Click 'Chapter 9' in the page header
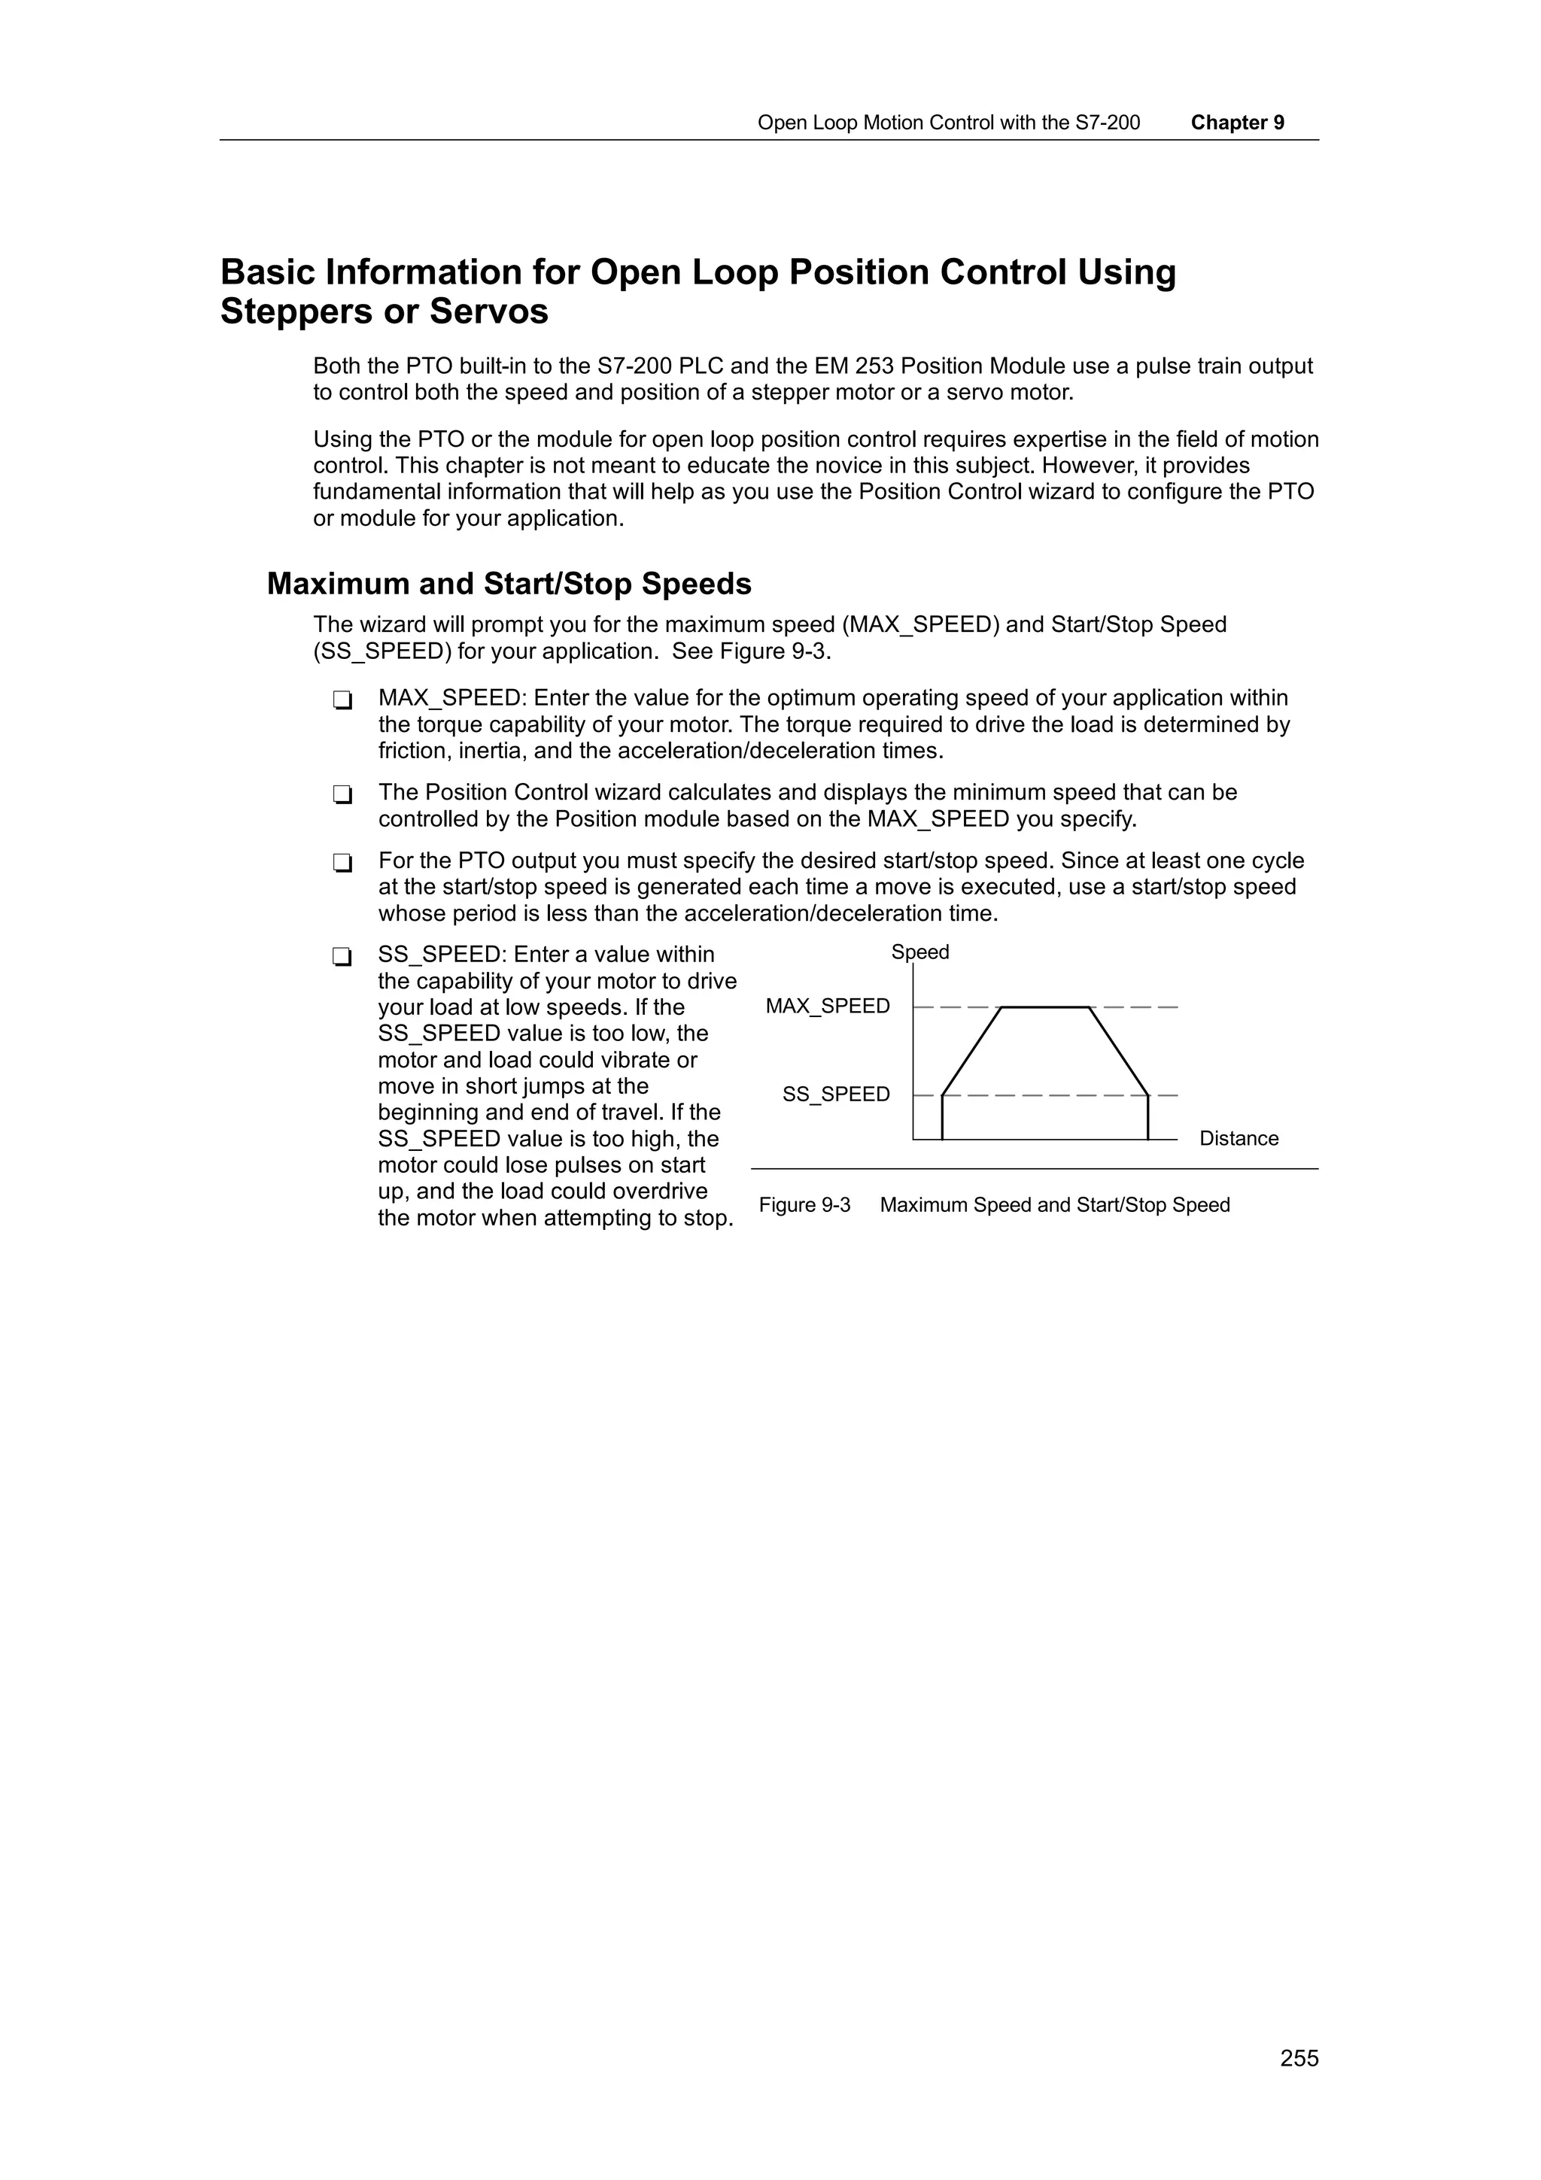coord(1237,123)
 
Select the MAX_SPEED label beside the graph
coord(827,1007)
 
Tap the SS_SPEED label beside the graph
coord(835,1095)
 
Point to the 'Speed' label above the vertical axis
coord(919,952)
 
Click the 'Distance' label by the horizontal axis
coord(1238,1138)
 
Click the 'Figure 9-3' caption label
coord(804,1205)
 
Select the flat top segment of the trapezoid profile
coord(1044,1007)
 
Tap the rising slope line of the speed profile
coord(972,1050)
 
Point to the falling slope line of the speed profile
coord(1118,1050)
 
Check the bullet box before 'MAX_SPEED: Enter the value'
coord(342,701)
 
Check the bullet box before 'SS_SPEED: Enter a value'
coord(342,957)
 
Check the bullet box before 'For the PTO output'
coord(342,863)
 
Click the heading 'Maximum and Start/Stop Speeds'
coord(509,583)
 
